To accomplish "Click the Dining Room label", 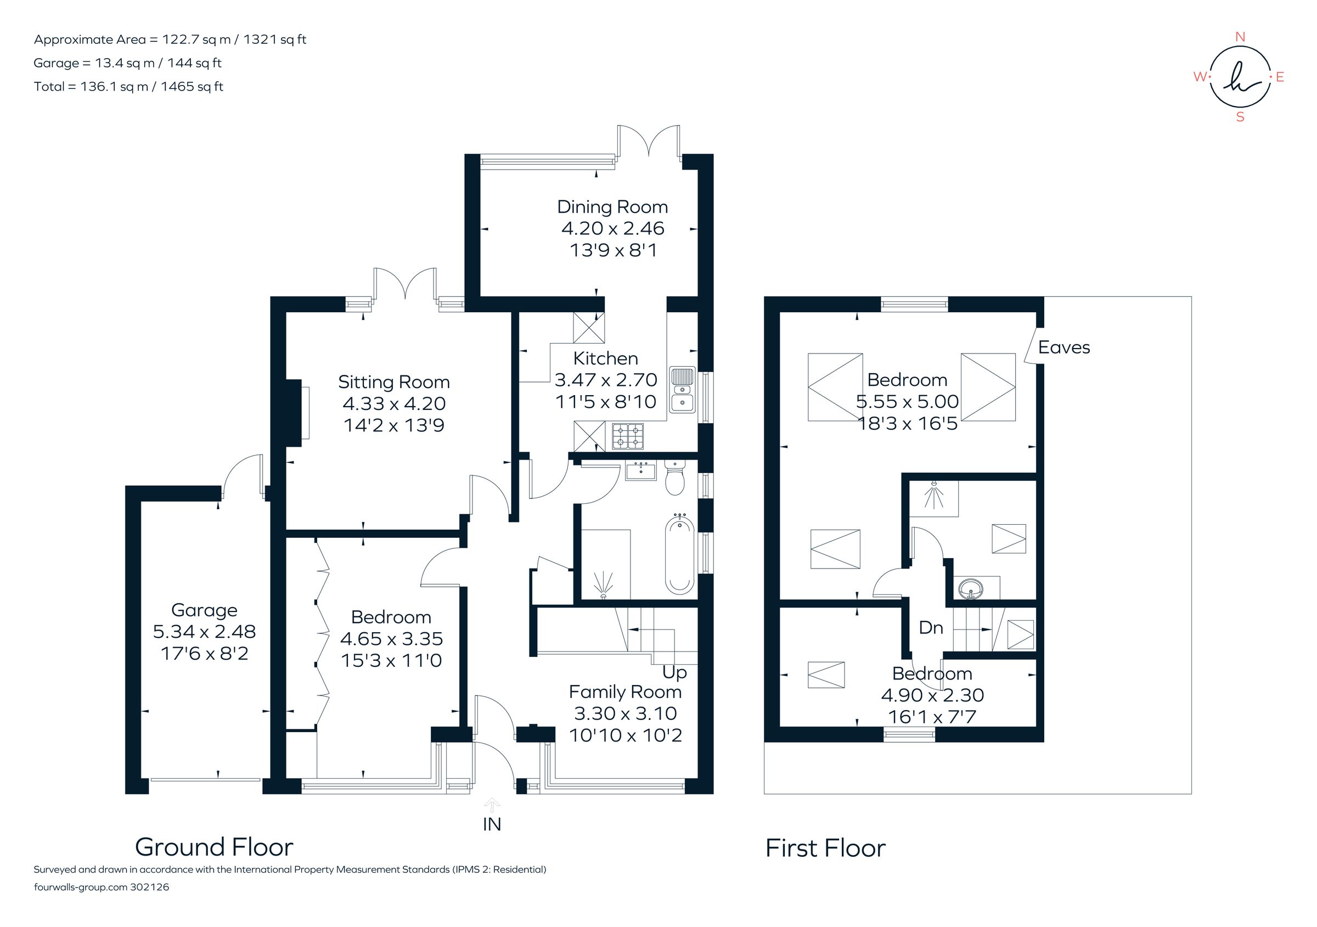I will click(x=612, y=207).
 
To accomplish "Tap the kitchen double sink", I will click(x=682, y=390).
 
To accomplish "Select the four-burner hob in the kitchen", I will click(x=628, y=436).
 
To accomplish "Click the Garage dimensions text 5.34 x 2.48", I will click(x=204, y=632).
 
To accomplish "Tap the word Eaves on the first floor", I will click(x=1063, y=347).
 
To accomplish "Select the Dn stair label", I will click(x=930, y=628).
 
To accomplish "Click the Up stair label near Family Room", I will click(x=674, y=672).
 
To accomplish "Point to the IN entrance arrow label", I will click(x=492, y=824).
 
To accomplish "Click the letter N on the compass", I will click(x=1240, y=37).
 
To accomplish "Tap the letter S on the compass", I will click(x=1240, y=117).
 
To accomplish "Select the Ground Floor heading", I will click(x=214, y=847).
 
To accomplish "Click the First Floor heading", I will click(x=825, y=849).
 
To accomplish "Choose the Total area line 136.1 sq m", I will click(x=128, y=87).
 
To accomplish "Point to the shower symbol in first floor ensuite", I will click(x=934, y=497).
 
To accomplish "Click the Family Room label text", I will click(x=624, y=692).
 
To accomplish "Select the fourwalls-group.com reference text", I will click(x=102, y=887).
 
